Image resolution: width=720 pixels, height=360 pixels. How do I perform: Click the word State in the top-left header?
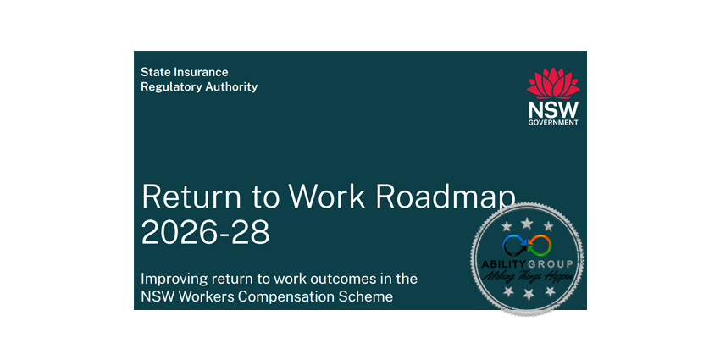click(x=156, y=73)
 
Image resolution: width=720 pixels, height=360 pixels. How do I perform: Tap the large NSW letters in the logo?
click(x=553, y=110)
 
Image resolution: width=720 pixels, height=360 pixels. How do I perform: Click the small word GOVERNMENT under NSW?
click(x=553, y=123)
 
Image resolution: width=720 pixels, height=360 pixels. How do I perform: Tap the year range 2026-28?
click(x=206, y=231)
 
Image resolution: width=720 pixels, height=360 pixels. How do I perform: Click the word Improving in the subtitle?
click(x=175, y=279)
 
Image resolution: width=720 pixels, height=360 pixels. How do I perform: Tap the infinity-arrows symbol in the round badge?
click(x=527, y=246)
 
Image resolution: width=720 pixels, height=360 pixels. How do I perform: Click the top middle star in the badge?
click(x=527, y=222)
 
